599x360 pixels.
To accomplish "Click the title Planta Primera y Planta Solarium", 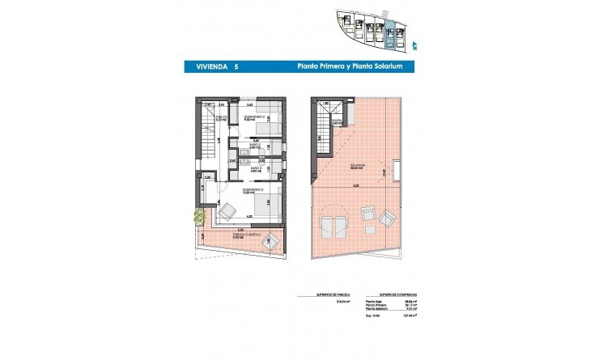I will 362,69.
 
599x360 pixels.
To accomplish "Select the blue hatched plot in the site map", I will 390,35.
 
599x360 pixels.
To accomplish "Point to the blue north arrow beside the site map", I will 414,46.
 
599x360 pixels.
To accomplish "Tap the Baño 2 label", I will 253,146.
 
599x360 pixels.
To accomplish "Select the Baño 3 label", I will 253,170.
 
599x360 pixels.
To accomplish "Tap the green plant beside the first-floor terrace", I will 198,216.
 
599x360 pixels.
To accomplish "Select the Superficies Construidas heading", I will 388,296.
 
